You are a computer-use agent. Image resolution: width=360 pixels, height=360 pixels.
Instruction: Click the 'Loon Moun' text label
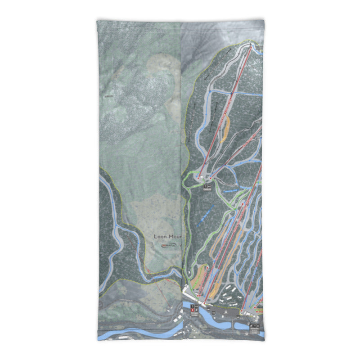(167, 236)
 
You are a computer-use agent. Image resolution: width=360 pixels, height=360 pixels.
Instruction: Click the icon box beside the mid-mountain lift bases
(207, 184)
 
